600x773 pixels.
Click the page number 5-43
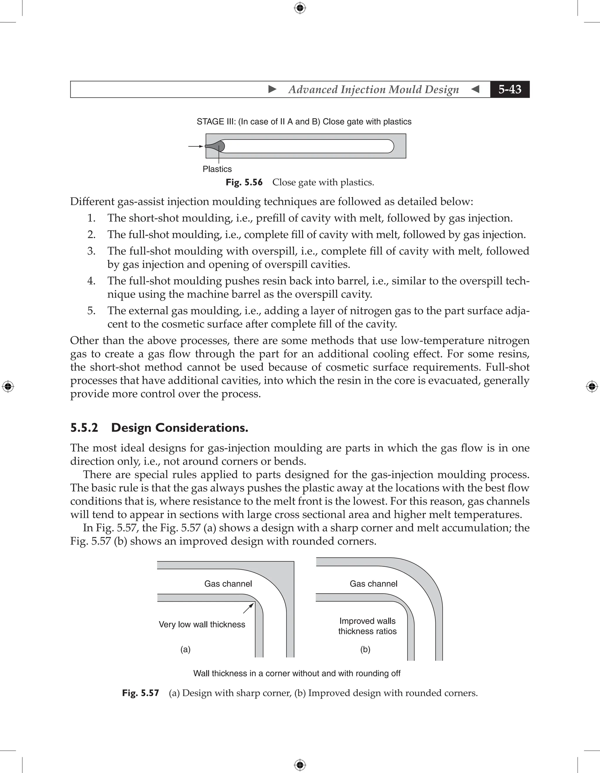[x=509, y=89]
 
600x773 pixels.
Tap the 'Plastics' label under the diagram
[x=217, y=169]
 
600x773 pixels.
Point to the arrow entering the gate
[x=195, y=146]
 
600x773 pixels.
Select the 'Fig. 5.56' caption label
[x=244, y=183]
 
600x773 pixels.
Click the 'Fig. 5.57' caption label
[x=140, y=693]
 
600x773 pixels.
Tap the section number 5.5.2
[x=84, y=428]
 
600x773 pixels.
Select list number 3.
[x=91, y=251]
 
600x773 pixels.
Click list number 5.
[x=91, y=311]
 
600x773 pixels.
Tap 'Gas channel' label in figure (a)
[x=228, y=584]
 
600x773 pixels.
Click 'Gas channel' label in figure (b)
[x=373, y=584]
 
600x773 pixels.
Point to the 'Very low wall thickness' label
[x=202, y=624]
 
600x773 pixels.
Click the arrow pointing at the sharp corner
[x=248, y=608]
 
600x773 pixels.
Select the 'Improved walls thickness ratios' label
[x=367, y=626]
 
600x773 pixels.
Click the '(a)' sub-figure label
[x=185, y=650]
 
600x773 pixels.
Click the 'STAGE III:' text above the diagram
[x=216, y=122]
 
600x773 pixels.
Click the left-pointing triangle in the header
[x=475, y=89]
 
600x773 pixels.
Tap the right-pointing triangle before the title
[x=272, y=89]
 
